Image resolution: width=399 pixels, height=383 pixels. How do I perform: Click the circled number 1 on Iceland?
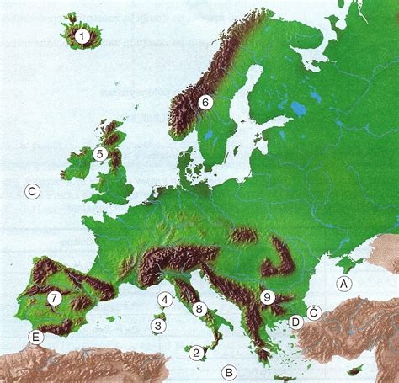(82, 36)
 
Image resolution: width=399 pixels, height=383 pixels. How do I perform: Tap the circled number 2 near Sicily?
(197, 353)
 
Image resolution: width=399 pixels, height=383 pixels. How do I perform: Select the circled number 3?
(159, 326)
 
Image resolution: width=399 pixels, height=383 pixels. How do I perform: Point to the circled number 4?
(165, 299)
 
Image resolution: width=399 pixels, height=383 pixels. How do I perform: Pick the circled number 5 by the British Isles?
(99, 154)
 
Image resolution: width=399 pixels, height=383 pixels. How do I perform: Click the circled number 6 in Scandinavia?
(204, 102)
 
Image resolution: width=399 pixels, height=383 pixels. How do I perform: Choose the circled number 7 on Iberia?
(54, 297)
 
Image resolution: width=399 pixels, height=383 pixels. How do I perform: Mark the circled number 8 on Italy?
(199, 309)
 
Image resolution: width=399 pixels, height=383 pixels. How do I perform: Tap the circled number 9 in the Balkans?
(267, 296)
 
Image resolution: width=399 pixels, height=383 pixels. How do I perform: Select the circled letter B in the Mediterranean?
(229, 370)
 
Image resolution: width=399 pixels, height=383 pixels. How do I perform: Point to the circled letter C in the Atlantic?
(32, 191)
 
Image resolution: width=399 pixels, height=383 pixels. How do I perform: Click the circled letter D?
(295, 322)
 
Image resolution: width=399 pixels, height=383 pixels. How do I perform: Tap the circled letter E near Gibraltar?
(35, 338)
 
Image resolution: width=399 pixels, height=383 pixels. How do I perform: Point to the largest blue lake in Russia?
(298, 108)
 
